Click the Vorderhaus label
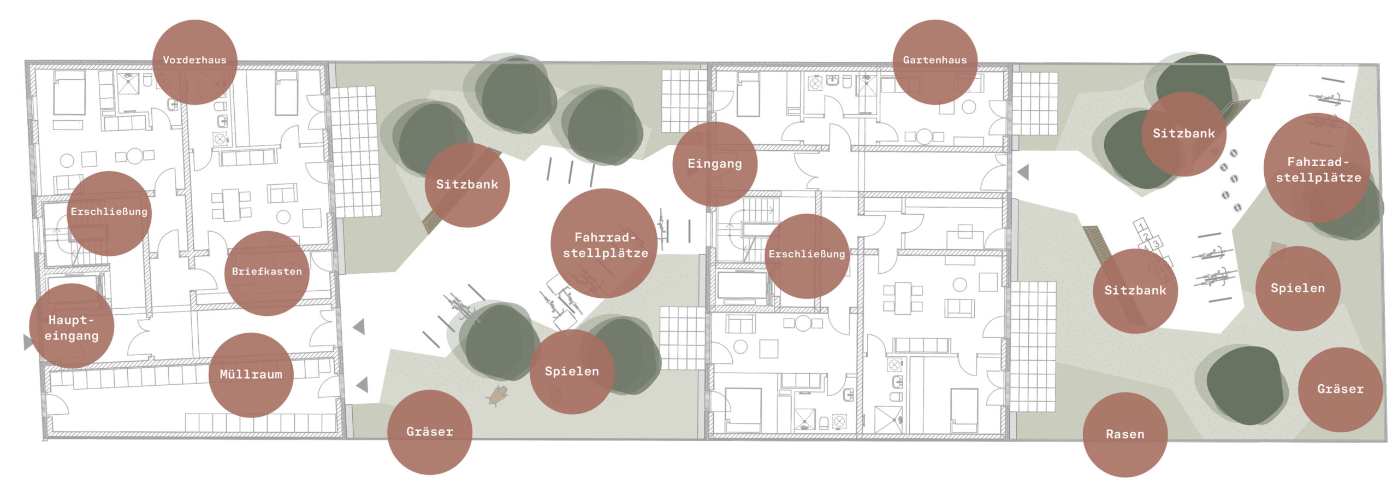point(194,61)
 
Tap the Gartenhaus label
point(934,61)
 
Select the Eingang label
point(714,164)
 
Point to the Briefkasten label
point(266,272)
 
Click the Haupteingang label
point(72,328)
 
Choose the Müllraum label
point(251,375)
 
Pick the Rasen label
point(1124,434)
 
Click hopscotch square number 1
point(1141,226)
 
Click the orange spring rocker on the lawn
point(497,395)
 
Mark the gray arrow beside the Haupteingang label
point(28,342)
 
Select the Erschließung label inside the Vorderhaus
point(109,212)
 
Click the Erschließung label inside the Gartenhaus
point(807,255)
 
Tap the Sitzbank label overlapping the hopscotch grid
point(1135,291)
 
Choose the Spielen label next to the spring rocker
point(572,372)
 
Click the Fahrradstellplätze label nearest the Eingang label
point(605,245)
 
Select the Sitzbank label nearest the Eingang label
point(467,185)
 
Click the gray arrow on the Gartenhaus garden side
point(1023,173)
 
